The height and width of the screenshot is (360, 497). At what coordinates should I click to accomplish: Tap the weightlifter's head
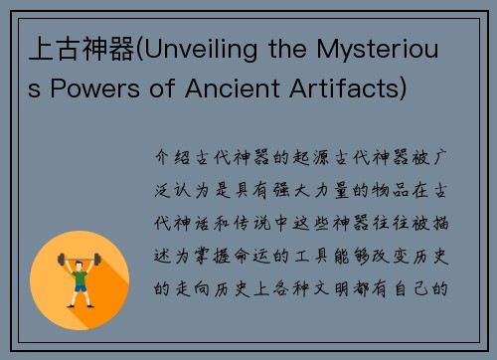click(80, 258)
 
